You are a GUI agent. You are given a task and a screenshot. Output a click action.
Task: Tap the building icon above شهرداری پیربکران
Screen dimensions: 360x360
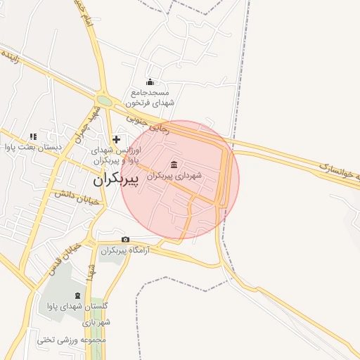point(174,165)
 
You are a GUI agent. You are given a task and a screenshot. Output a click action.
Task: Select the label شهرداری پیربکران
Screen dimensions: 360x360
point(174,174)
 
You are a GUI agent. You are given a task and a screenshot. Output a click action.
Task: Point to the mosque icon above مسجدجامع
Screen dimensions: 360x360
point(150,82)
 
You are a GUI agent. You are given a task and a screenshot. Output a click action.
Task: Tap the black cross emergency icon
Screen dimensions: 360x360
point(116,140)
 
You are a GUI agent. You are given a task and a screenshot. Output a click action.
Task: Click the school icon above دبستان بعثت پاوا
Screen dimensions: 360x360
point(32,136)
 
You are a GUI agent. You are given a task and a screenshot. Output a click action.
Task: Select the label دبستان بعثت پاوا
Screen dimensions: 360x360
point(34,147)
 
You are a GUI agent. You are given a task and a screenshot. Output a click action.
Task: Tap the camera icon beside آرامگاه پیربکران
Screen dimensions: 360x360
point(126,240)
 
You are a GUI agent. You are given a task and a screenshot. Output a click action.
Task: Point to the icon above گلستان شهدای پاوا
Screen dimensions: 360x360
point(77,295)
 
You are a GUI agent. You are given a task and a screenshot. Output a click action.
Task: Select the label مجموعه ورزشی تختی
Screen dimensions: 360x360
point(70,340)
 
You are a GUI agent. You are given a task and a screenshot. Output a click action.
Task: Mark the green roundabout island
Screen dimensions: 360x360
point(104,101)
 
